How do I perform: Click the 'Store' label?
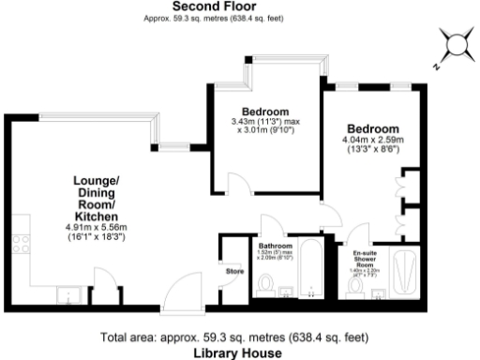click(234, 273)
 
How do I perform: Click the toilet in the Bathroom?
click(265, 282)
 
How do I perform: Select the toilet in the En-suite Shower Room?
click(358, 286)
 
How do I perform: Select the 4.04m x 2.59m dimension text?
click(373, 142)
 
